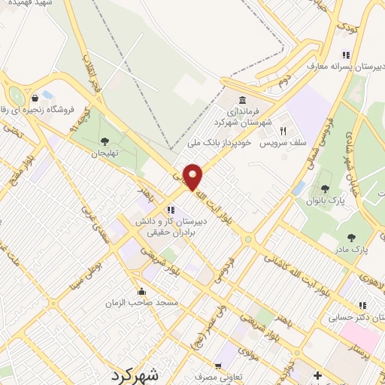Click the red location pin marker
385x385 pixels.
[x=193, y=177]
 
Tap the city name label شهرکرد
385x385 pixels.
[x=135, y=374]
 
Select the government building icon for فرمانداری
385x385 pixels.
[x=242, y=100]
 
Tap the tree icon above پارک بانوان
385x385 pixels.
[x=325, y=189]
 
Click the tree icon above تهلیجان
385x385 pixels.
[x=105, y=141]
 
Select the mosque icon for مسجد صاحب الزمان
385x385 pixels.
[x=141, y=290]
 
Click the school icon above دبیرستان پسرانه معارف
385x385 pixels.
[x=345, y=54]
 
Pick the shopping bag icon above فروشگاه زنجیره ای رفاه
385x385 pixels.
[x=35, y=98]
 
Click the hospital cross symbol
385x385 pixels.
[x=317, y=374]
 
